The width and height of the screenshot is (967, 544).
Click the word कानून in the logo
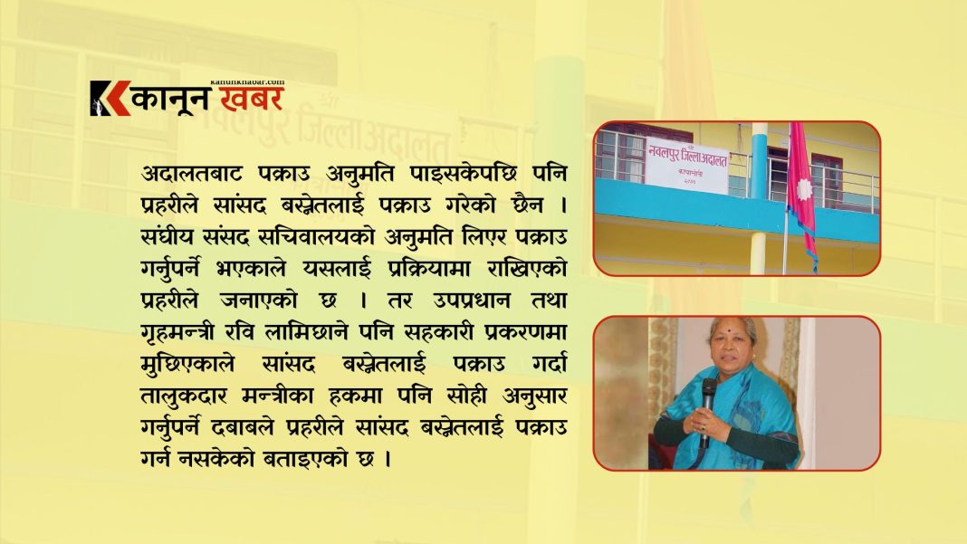tap(171, 100)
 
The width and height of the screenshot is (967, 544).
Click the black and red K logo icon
tap(110, 99)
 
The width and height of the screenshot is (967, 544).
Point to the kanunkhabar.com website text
tap(247, 81)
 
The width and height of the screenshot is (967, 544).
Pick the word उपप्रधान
tap(471, 301)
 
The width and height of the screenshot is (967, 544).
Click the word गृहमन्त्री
tap(177, 333)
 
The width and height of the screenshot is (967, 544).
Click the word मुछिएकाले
tap(187, 365)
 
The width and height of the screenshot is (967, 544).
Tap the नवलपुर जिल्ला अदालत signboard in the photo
tap(687, 166)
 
